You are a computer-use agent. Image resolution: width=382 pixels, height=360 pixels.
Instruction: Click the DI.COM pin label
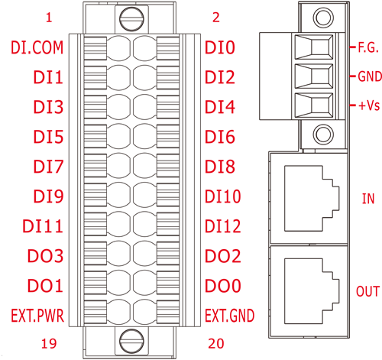37,47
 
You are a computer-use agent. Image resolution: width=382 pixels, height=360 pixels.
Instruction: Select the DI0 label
220,47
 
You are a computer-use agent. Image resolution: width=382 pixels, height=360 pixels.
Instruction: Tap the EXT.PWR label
37,316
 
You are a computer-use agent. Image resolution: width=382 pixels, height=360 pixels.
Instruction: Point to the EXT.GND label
230,316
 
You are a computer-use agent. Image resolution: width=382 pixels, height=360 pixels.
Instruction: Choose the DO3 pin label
45,256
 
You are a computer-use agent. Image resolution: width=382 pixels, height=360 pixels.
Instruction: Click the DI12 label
223,226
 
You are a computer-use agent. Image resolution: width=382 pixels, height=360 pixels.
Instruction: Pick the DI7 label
48,167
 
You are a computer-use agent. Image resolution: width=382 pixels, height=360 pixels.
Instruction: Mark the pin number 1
49,18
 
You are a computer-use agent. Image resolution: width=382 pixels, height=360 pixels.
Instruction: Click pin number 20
216,343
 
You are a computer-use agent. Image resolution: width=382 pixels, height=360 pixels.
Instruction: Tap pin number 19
49,343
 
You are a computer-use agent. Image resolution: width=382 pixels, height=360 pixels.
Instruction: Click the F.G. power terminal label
368,47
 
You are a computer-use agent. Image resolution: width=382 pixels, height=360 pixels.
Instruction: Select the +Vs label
369,105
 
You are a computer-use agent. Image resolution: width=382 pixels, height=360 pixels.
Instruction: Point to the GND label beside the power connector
370,76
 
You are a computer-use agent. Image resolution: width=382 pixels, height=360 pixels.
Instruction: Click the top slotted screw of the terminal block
131,19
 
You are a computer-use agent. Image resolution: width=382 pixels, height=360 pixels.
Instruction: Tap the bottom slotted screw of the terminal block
131,341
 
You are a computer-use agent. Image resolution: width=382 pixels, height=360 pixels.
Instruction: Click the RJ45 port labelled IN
312,199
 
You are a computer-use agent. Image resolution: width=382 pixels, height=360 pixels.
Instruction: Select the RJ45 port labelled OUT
312,291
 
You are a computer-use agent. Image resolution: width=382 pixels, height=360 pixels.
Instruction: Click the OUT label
367,291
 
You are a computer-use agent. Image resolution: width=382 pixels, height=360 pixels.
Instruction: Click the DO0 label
223,286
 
